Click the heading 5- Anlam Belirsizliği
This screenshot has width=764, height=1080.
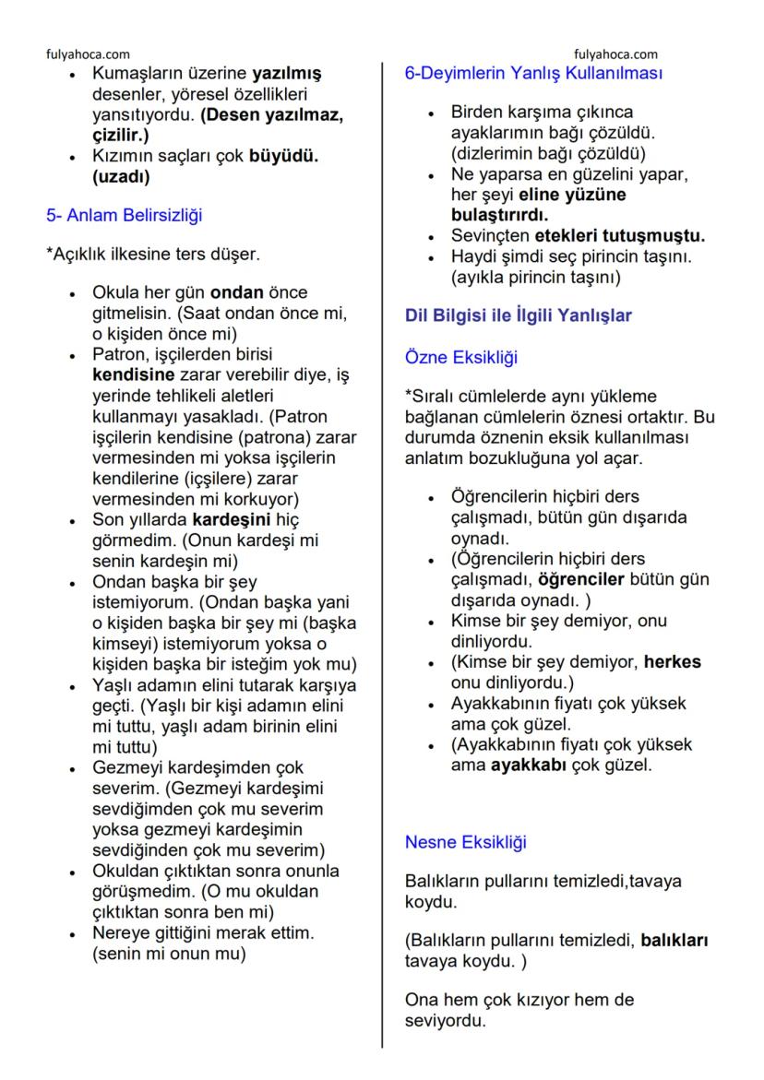(x=125, y=216)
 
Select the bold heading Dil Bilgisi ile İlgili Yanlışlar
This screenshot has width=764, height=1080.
(x=519, y=315)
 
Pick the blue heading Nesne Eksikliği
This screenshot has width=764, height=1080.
(x=465, y=841)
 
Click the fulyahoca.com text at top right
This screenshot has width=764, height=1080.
(x=615, y=54)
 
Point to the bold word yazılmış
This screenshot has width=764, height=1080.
(x=285, y=73)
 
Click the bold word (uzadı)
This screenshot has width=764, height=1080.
(x=121, y=175)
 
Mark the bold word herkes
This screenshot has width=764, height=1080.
(x=673, y=662)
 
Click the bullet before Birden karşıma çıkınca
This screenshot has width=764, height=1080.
(x=432, y=113)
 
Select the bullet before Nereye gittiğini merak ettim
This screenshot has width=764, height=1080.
(x=73, y=934)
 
